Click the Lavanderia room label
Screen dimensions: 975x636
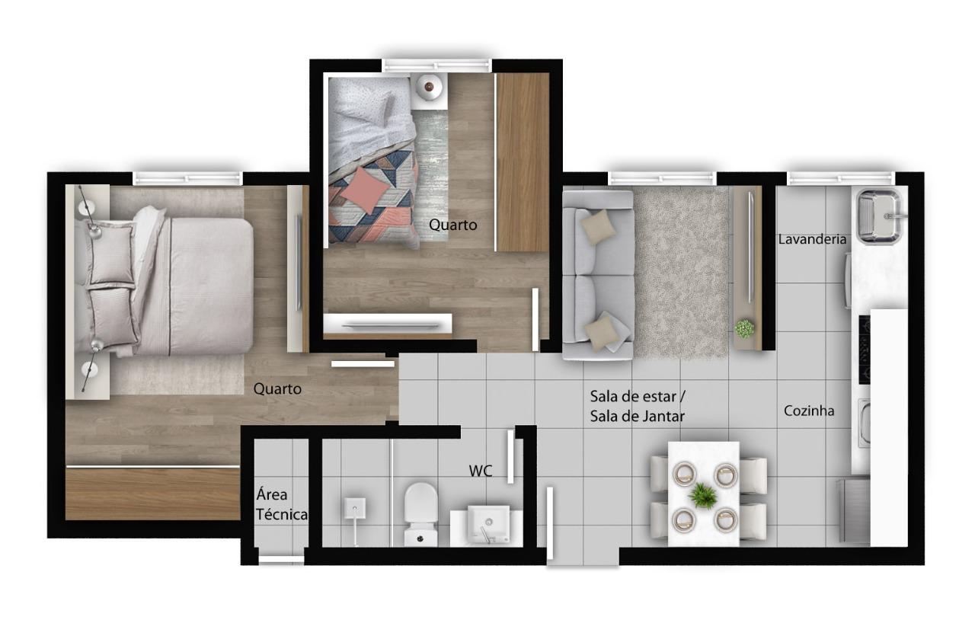812,239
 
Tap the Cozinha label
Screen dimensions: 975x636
809,411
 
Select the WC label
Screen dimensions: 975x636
481,471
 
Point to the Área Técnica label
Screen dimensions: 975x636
282,504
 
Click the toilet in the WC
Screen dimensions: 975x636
420,513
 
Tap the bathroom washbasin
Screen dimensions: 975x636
488,524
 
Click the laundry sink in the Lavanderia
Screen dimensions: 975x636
879,216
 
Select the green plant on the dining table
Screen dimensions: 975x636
703,495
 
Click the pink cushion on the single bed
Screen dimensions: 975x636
365,190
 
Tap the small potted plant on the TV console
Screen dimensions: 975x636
745,328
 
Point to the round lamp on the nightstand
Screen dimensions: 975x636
429,87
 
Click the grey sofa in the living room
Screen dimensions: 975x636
598,275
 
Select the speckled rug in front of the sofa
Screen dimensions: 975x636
681,273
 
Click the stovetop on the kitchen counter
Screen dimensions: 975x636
865,350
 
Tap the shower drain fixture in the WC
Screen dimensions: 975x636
355,509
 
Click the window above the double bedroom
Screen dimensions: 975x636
187,178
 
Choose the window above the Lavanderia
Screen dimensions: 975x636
841,178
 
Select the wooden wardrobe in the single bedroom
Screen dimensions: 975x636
523,162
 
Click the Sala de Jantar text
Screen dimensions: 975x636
638,417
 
